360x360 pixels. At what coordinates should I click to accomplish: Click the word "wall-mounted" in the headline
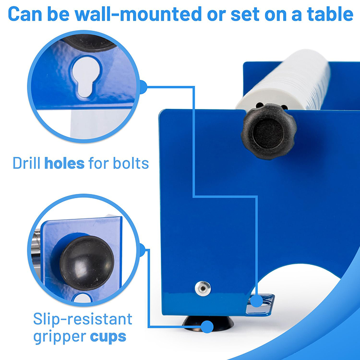click(x=138, y=14)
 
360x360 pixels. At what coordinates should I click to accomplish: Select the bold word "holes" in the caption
click(x=64, y=163)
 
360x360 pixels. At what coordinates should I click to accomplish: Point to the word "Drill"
click(x=26, y=163)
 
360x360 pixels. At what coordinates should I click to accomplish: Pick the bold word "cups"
click(x=108, y=337)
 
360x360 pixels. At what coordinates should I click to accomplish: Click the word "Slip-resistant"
click(x=83, y=319)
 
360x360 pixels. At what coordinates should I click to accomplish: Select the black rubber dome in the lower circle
click(x=87, y=263)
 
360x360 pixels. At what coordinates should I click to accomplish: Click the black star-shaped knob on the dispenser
click(x=269, y=132)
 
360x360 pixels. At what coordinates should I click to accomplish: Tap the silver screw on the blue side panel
click(x=203, y=288)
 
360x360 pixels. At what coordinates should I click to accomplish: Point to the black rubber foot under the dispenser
click(x=208, y=323)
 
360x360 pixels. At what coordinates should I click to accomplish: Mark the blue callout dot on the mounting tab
click(x=256, y=301)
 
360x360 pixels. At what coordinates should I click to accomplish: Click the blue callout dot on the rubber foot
click(x=207, y=326)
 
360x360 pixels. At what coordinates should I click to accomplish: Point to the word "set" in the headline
click(x=245, y=14)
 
